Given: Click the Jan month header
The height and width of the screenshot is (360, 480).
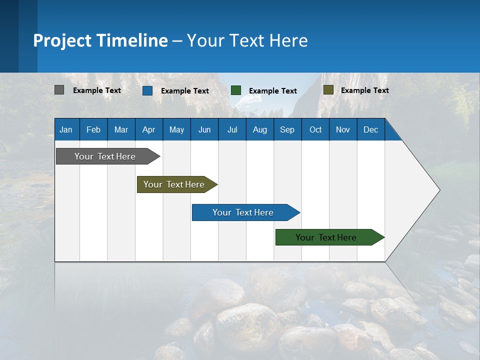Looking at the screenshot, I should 66,129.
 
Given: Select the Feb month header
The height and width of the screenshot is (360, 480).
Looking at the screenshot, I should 93,129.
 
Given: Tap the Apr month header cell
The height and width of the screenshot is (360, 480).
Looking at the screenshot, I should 149,129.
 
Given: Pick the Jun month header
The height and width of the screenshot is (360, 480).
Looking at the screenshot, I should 204,129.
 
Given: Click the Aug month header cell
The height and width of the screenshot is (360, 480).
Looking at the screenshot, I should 260,129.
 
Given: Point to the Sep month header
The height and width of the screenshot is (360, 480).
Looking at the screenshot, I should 287,129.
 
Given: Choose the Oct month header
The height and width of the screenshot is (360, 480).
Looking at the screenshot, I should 315,129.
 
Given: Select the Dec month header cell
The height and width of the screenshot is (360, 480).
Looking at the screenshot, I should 371,129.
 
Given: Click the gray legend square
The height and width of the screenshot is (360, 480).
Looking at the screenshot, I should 59,90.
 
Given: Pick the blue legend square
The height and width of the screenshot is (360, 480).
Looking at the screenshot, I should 147,90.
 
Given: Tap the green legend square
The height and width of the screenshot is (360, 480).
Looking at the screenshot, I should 235,90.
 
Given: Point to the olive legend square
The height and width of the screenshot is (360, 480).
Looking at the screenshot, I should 328,90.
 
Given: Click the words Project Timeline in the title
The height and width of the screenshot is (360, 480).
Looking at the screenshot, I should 100,40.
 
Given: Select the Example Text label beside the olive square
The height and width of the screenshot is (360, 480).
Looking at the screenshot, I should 364,90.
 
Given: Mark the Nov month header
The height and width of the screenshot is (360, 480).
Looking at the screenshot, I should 343,129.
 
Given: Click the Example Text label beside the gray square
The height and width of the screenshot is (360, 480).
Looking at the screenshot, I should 97,90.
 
